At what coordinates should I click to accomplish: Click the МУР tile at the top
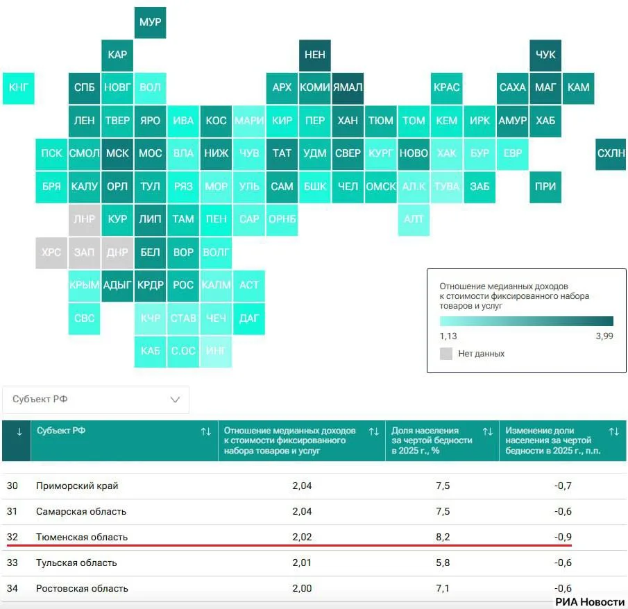[150, 22]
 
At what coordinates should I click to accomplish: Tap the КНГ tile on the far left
[19, 88]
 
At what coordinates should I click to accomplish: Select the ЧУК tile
[545, 55]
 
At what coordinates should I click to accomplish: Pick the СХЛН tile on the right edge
[611, 154]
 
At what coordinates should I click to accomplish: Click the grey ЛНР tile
[84, 220]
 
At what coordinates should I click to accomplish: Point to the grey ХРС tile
[51, 253]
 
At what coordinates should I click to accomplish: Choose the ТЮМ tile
[381, 121]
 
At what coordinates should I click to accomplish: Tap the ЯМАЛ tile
[348, 88]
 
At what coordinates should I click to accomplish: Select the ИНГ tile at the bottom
[216, 352]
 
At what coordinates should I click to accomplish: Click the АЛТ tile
[414, 220]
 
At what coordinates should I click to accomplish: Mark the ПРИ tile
[545, 187]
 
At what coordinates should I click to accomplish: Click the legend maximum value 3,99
[604, 336]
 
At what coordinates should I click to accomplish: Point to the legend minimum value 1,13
[448, 336]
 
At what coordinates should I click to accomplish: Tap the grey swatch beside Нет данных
[446, 354]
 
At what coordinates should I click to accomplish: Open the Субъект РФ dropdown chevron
[175, 400]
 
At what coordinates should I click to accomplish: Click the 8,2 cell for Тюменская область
[443, 537]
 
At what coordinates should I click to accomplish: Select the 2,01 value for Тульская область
[302, 563]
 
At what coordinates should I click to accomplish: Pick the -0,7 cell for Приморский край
[563, 486]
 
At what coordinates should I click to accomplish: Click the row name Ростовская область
[82, 588]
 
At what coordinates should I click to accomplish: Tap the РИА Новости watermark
[590, 602]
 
